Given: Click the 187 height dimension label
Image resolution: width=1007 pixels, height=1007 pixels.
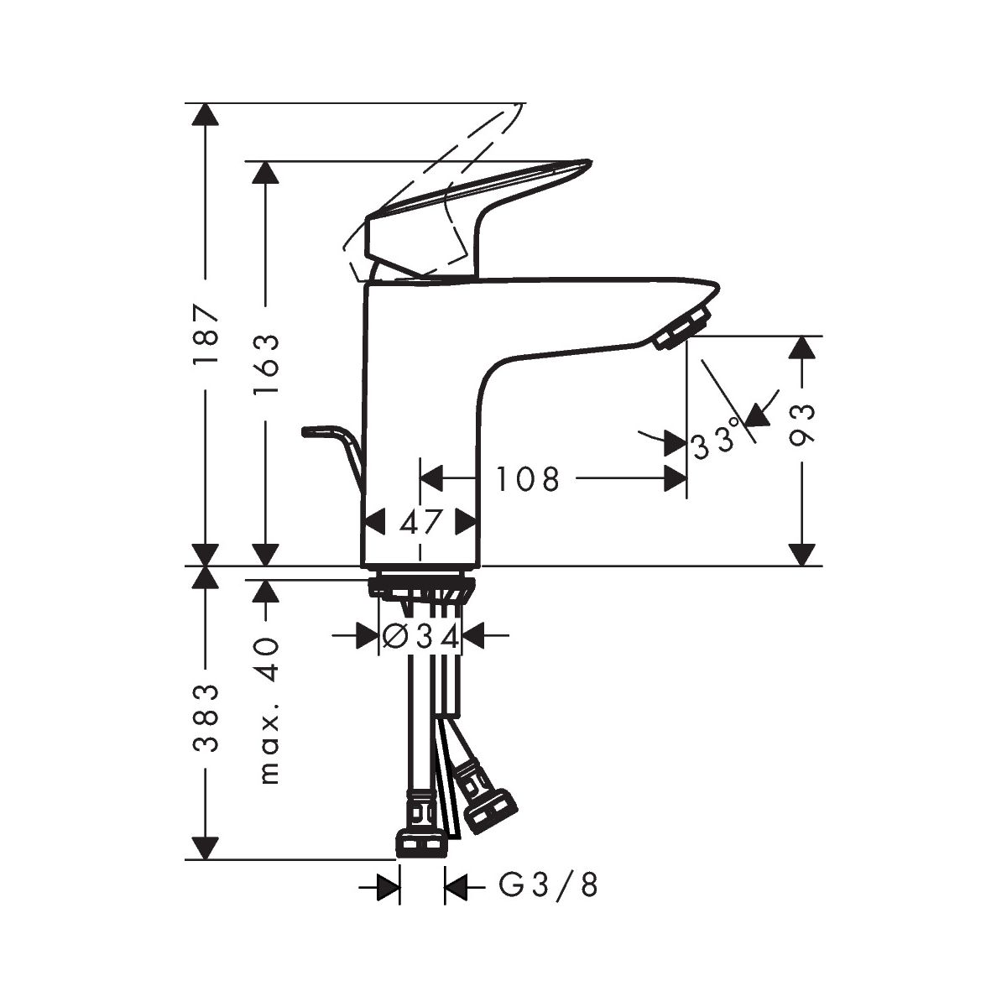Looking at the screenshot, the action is point(205,335).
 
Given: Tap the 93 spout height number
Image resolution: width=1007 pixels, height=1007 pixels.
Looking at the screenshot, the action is point(801,425).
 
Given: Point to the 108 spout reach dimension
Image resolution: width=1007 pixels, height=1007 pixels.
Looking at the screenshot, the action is point(527,478).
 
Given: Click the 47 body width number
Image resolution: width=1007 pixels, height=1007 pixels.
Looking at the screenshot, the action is point(421,523).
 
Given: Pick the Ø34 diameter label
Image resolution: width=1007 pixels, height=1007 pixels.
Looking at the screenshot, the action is point(420,636).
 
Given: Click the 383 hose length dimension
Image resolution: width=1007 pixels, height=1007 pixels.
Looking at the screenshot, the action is point(205,718).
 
